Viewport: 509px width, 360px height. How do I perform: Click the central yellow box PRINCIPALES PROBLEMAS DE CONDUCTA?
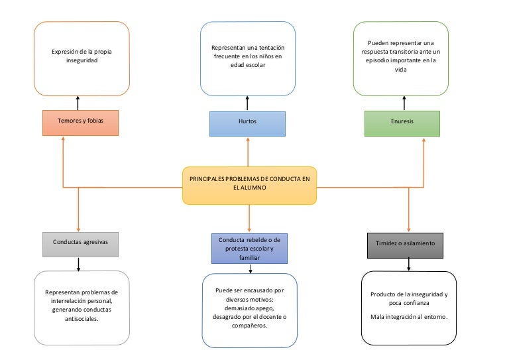click(x=249, y=184)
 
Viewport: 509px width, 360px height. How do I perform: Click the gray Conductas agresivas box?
click(x=80, y=243)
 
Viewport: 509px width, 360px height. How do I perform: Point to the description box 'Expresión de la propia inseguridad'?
click(x=82, y=58)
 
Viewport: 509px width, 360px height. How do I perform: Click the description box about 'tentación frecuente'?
click(x=247, y=58)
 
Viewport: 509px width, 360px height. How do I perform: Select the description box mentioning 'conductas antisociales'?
click(x=82, y=308)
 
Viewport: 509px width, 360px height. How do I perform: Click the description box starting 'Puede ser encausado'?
click(x=249, y=310)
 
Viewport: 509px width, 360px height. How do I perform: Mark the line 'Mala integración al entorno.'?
click(x=409, y=317)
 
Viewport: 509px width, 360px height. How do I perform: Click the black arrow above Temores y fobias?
click(x=78, y=103)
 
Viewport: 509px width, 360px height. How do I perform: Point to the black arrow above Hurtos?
click(x=247, y=103)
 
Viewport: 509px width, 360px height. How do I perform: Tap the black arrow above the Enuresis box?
click(x=402, y=103)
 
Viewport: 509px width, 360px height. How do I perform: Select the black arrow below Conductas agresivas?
click(x=79, y=264)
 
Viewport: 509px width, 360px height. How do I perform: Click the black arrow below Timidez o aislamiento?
click(x=408, y=264)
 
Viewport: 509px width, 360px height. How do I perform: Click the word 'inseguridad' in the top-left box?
click(x=82, y=60)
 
